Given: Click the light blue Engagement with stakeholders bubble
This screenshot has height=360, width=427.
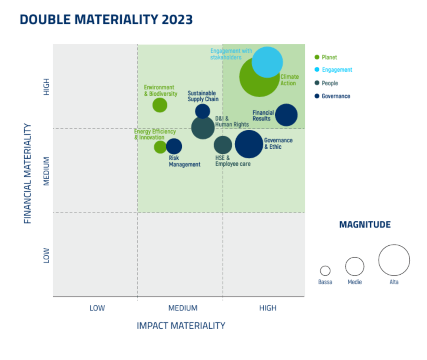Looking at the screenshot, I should tap(267, 62).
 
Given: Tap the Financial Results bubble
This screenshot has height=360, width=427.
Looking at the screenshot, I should tap(286, 115).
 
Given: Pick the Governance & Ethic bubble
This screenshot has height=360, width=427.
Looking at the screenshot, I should tap(249, 144).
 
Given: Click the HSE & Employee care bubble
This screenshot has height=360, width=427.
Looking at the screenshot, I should tap(223, 145).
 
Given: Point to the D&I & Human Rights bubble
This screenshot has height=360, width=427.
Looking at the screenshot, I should tap(203, 128).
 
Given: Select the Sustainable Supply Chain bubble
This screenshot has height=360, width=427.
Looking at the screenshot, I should tap(203, 111).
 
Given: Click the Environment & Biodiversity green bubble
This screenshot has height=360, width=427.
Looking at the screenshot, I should tap(160, 105).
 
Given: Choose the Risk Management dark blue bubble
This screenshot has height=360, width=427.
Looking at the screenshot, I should tap(174, 146).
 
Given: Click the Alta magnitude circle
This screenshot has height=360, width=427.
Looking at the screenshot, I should tap(394, 260).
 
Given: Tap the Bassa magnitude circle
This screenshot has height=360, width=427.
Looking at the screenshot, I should tap(325, 271).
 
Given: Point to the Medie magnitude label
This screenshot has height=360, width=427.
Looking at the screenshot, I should tap(355, 282).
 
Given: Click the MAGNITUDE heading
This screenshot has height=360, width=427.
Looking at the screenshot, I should tap(365, 225).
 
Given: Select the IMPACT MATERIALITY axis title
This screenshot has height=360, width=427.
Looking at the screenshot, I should tap(181, 326).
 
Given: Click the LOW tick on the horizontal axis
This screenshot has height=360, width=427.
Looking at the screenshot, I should tap(97, 308).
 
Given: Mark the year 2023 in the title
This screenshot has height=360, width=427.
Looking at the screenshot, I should tap(177, 20).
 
